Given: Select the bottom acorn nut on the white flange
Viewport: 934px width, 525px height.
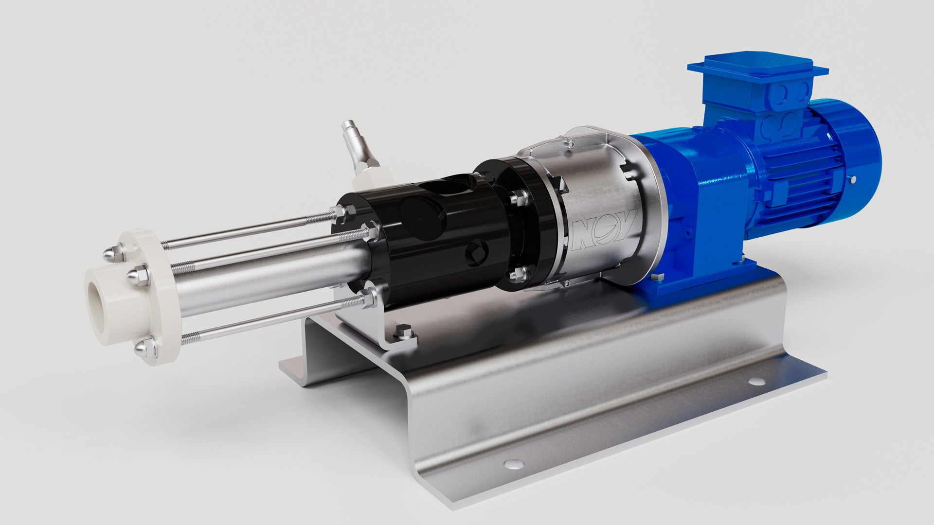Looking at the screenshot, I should [x=142, y=348].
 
